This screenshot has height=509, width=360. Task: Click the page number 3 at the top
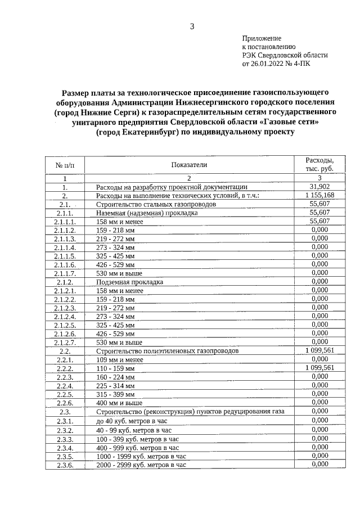(192, 26)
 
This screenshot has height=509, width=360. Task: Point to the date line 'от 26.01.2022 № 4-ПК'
(276, 64)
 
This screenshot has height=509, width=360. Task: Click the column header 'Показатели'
(190, 165)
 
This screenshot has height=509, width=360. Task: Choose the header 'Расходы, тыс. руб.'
(319, 165)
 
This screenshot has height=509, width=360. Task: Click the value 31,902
(319, 187)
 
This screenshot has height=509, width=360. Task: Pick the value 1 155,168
(319, 195)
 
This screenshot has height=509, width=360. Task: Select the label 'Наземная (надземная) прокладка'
(147, 213)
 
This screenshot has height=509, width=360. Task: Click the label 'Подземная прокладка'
(129, 281)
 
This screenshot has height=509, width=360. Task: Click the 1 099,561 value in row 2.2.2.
(319, 367)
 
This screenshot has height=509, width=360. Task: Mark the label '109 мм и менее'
(120, 359)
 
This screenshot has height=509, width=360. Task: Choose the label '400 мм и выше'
(119, 403)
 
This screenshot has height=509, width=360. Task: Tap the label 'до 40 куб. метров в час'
(133, 421)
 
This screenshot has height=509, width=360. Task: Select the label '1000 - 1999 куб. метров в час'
(141, 456)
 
